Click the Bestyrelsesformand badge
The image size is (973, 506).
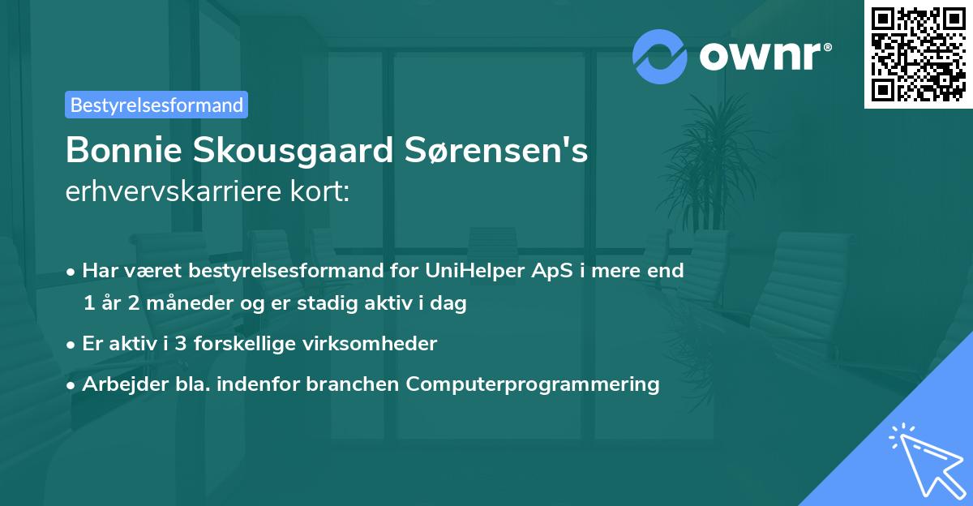(x=156, y=105)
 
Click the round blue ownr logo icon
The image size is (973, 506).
(x=660, y=56)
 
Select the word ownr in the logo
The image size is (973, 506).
(x=763, y=56)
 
